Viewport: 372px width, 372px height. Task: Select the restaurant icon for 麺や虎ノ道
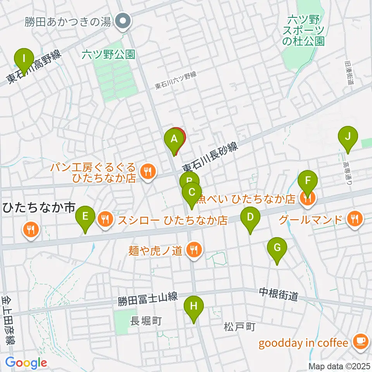click(x=193, y=250)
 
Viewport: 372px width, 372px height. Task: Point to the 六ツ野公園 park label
click(x=108, y=55)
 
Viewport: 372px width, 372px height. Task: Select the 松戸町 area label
click(x=239, y=327)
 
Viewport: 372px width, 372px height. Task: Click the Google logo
click(x=26, y=363)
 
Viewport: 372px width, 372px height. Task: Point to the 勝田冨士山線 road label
click(x=148, y=299)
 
